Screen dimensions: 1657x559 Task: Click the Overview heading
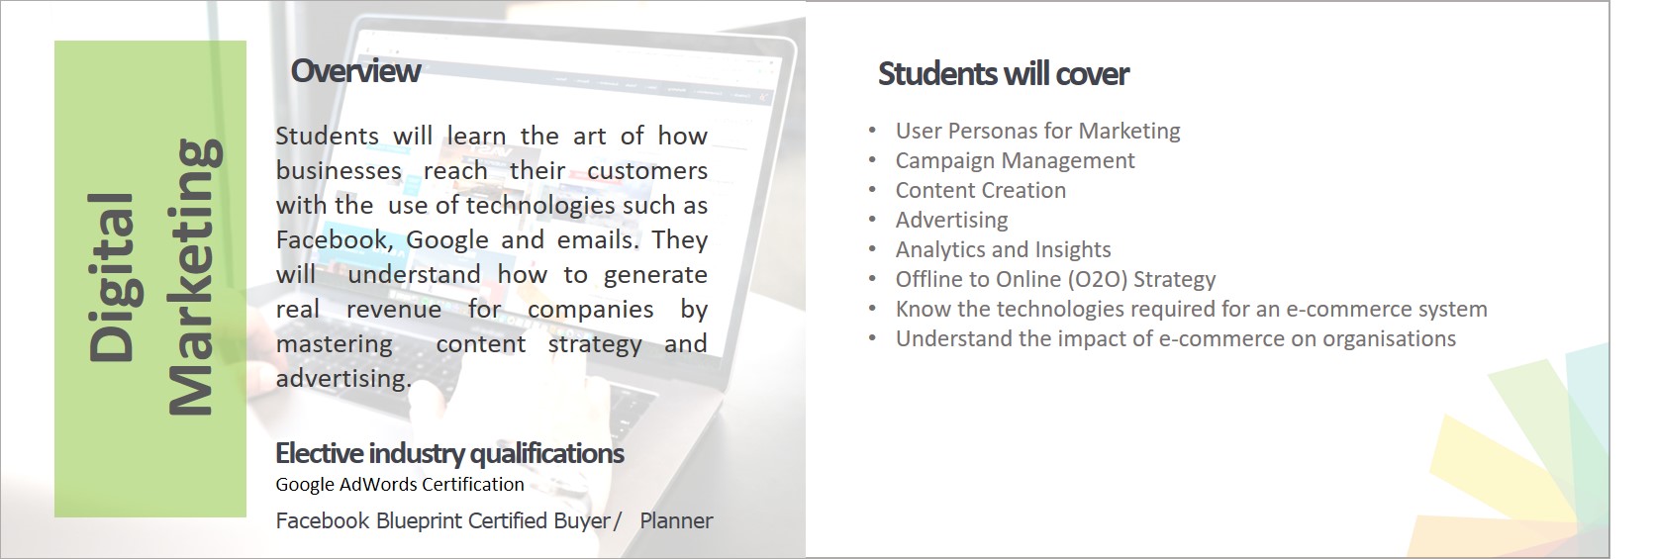[x=355, y=71]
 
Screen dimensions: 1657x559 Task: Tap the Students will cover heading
[x=1003, y=74]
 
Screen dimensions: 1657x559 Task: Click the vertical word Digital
[x=111, y=277]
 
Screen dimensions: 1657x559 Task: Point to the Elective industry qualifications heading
[x=449, y=453]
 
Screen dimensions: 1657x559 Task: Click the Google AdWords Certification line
[x=400, y=485]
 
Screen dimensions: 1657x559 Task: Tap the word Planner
[x=676, y=520]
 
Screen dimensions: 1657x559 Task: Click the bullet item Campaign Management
[x=1015, y=160]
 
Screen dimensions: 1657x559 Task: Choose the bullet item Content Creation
[x=981, y=190]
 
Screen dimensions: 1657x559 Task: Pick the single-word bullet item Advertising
[x=952, y=221]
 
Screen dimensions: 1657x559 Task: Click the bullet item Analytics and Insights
[x=1003, y=250]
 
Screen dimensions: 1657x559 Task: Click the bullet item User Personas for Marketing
[x=1037, y=131]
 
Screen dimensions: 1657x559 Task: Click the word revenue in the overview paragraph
[x=394, y=309]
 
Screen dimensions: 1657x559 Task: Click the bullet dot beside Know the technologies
[x=872, y=309]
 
